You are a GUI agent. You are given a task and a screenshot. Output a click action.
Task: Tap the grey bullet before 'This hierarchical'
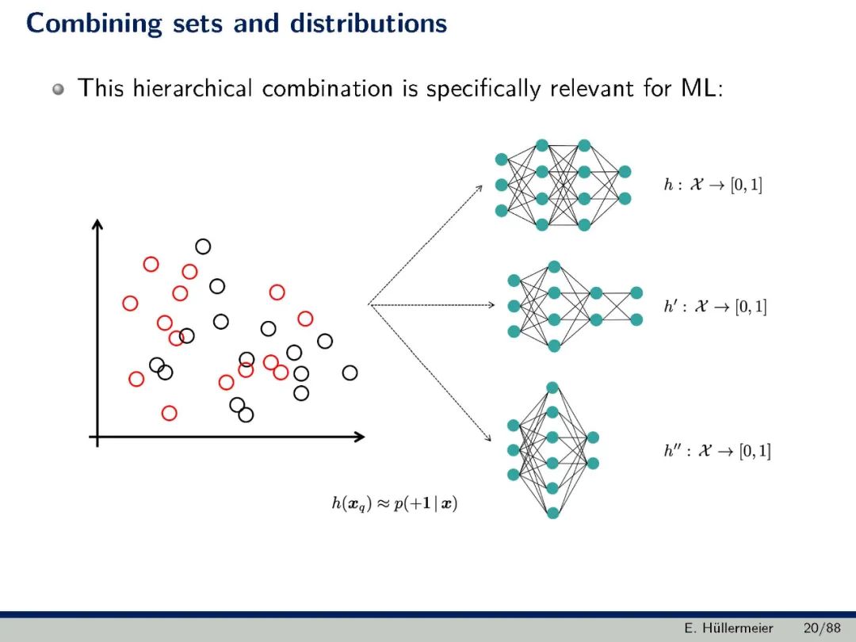(59, 89)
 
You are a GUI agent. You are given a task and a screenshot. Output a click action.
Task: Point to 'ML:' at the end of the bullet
(701, 88)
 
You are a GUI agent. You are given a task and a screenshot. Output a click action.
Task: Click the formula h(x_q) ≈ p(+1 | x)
(394, 503)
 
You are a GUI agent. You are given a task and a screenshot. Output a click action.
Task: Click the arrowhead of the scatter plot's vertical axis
(98, 225)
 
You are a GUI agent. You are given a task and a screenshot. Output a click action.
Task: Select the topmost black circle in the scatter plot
(203, 246)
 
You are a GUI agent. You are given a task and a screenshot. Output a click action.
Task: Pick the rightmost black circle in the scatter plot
(350, 373)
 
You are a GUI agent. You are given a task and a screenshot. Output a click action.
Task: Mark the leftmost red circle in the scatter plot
(130, 303)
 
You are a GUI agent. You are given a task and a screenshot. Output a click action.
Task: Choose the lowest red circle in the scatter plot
(169, 413)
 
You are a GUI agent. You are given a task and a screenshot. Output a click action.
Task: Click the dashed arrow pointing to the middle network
(432, 304)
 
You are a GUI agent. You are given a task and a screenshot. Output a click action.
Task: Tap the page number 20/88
(822, 629)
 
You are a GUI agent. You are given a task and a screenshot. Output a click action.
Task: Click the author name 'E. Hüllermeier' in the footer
(728, 629)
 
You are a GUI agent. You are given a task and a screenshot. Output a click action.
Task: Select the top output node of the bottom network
(593, 438)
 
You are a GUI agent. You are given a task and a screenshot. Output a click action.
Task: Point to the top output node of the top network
(625, 172)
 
